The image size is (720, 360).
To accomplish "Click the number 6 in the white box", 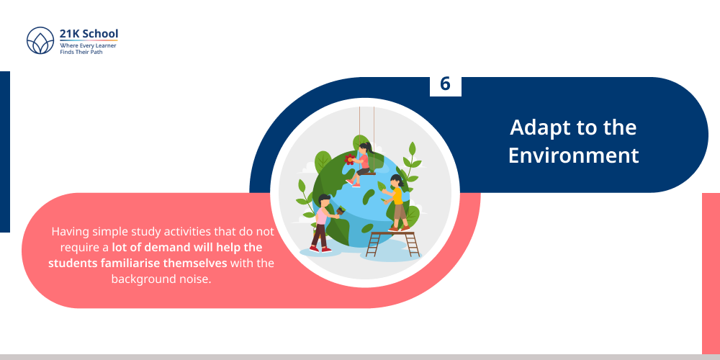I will (x=445, y=84).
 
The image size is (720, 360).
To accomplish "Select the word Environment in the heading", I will (x=573, y=155).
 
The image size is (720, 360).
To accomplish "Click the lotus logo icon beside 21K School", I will (x=41, y=41).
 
